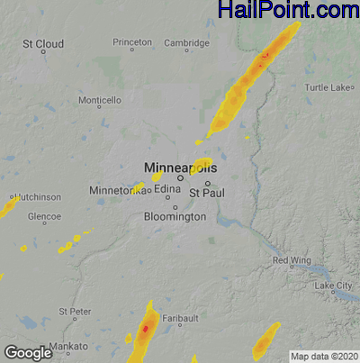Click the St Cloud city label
pos(42,43)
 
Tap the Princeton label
pos(132,42)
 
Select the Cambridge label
pos(186,42)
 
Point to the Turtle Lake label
pos(328,87)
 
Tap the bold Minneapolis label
pos(180,167)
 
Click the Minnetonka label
pos(115,191)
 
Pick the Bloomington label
pos(175,217)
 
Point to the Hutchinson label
pos(36,196)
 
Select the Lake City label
pos(334,286)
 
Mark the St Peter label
pos(75,311)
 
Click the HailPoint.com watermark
pos(288,11)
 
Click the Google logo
pos(28,352)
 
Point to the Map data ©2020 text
pos(323,356)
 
